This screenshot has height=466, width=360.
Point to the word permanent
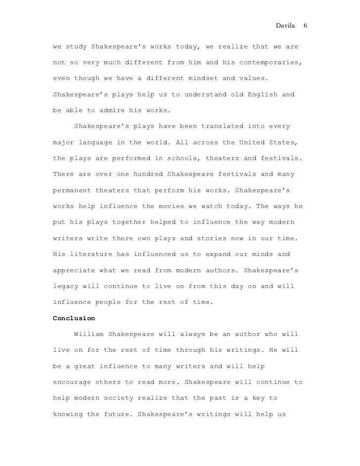72,190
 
